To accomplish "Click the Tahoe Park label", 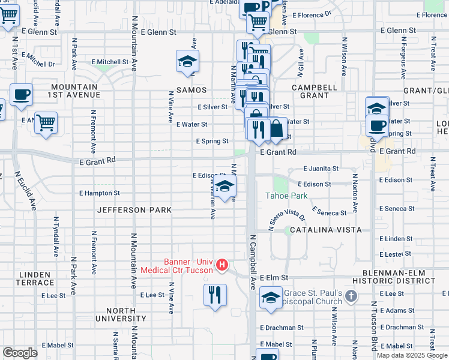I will [287, 196].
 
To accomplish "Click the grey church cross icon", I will [352, 296].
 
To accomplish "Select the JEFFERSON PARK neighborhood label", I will [134, 210].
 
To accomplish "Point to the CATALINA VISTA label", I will [325, 230].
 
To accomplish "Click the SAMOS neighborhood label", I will [191, 90].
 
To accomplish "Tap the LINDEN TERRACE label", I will [35, 278].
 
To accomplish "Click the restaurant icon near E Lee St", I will [215, 295].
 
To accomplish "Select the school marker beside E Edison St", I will [224, 187].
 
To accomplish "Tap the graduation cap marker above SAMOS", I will [188, 61].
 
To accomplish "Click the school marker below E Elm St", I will [271, 297].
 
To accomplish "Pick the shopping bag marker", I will [276, 129].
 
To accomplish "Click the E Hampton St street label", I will [100, 193].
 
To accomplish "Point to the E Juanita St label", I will [321, 169].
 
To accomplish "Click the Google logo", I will [20, 353].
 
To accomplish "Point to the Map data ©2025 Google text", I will [411, 355].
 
